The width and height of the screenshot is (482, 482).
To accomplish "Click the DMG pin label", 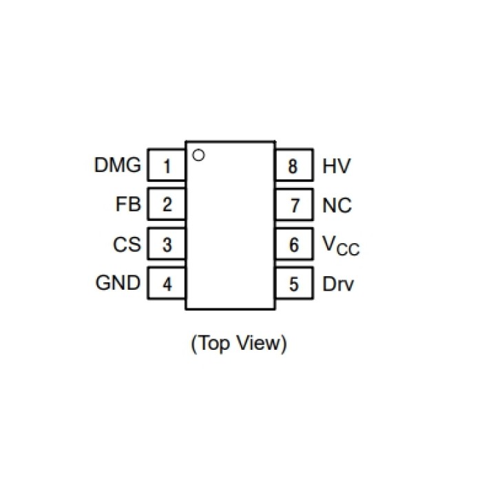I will tap(117, 165).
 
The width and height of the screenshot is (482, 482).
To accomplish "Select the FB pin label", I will tap(129, 205).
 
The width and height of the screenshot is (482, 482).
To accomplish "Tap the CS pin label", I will tap(127, 244).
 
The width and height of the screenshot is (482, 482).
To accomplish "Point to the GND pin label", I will tap(117, 283).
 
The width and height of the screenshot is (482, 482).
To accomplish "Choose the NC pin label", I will tap(337, 205).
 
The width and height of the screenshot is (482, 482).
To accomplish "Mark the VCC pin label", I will tap(341, 245).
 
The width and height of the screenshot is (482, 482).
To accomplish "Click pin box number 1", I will tap(167, 166).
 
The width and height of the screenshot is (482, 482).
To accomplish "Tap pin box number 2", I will tap(167, 205).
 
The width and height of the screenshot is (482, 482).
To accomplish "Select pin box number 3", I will tap(167, 244).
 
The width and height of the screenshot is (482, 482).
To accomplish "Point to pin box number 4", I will tap(167, 284).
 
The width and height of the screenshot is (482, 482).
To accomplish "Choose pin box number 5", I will tap(294, 284).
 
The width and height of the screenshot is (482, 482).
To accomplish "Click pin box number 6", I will tap(294, 244).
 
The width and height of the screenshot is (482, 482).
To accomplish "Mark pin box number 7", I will tap(294, 205).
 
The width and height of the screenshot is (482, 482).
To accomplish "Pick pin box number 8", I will tap(294, 166).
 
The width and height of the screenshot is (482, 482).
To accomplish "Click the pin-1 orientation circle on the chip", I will tap(199, 155).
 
